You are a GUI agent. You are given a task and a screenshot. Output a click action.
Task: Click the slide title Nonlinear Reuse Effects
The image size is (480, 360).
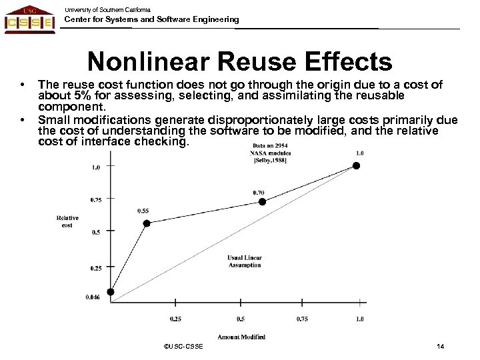click(x=240, y=62)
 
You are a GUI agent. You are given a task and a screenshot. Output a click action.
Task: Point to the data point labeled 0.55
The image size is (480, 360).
click(x=147, y=223)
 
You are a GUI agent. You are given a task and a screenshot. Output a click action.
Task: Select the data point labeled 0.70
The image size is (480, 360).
click(x=262, y=201)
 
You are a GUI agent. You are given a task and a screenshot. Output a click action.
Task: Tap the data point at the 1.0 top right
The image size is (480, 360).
click(x=357, y=165)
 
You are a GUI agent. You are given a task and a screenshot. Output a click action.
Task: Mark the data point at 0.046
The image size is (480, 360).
click(x=111, y=291)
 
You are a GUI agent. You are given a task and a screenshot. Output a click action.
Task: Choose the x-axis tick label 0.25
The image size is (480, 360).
click(x=176, y=319)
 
